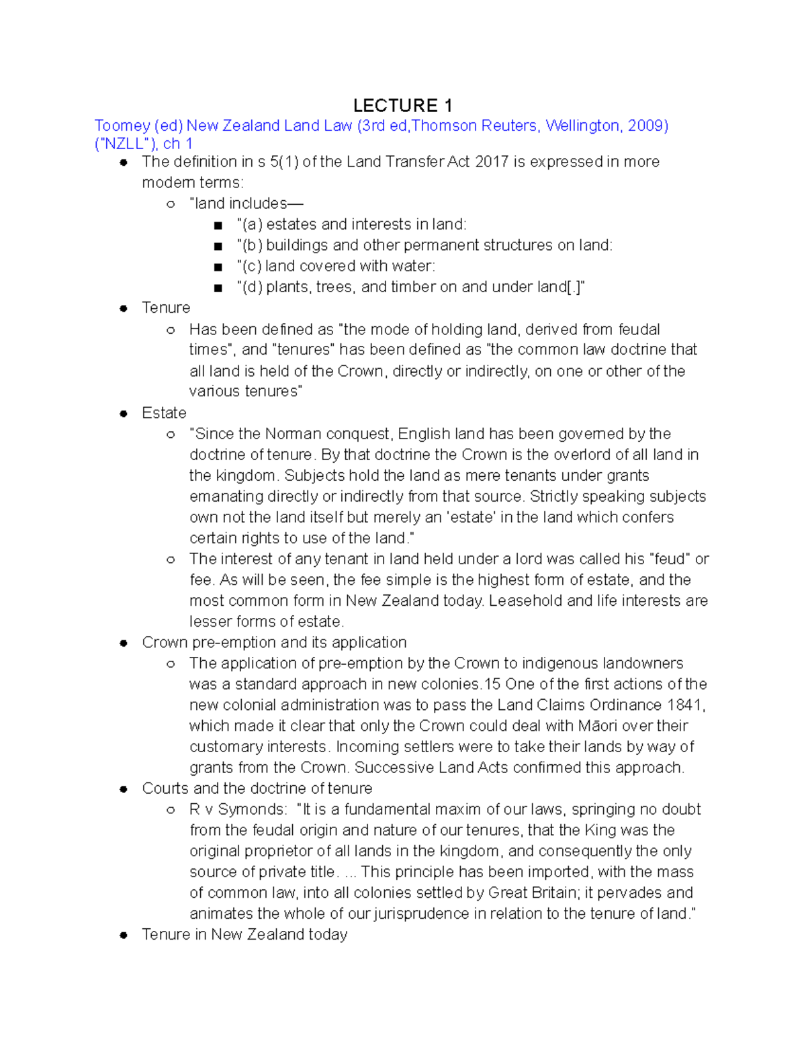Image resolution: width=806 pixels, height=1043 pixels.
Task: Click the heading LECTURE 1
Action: [402, 105]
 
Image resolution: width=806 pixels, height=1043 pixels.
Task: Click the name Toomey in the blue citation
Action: [122, 126]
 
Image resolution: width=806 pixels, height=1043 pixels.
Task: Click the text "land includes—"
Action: [246, 203]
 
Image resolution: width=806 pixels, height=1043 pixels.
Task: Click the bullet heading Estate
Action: [164, 413]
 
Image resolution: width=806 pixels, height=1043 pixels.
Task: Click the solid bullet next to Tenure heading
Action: [124, 308]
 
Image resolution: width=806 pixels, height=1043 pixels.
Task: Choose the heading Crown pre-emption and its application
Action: [274, 642]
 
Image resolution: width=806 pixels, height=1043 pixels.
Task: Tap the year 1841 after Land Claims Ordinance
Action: [684, 705]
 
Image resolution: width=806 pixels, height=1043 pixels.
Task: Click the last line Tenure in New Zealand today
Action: [244, 934]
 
